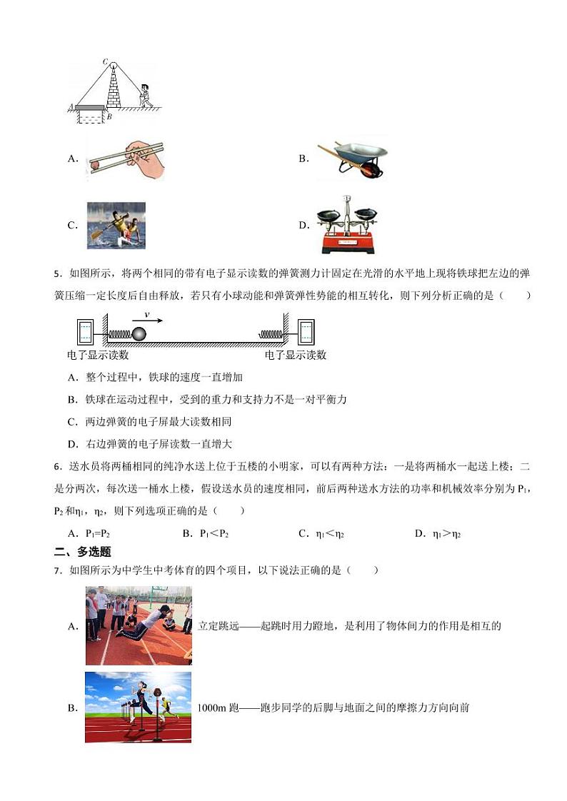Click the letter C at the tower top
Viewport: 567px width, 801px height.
coord(105,62)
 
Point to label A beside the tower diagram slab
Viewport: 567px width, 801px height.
coord(71,107)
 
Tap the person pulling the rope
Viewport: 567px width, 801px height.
coord(146,96)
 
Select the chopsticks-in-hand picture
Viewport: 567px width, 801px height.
coord(127,158)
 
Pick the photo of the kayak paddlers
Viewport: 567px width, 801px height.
coord(116,225)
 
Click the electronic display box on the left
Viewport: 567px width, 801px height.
coord(86,332)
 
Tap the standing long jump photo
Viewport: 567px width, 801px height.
coord(139,625)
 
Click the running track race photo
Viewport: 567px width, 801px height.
coord(139,707)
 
